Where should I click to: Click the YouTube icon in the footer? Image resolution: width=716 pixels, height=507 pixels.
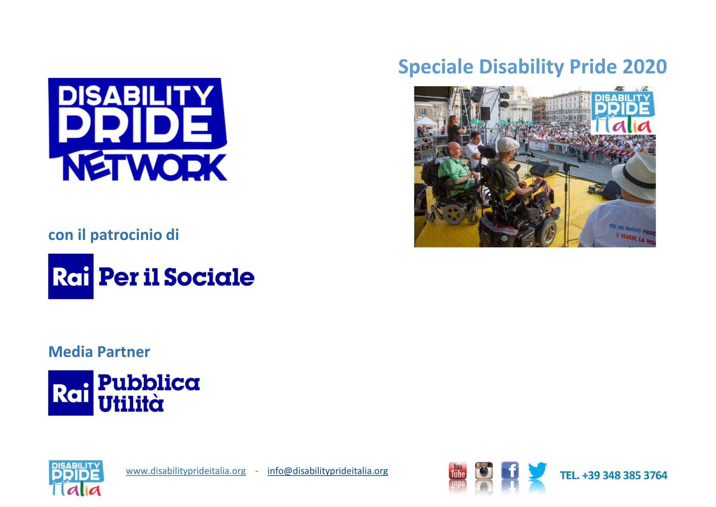pyautogui.click(x=458, y=471)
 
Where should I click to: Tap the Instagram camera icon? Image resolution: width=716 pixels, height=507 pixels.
pyautogui.click(x=484, y=471)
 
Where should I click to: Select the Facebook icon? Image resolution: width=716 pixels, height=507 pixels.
pyautogui.click(x=510, y=470)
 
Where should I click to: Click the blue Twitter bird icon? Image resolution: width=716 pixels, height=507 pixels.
pyautogui.click(x=537, y=471)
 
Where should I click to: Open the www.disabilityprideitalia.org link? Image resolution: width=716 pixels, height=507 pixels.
pyautogui.click(x=186, y=471)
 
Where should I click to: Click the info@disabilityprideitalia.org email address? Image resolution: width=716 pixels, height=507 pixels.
pyautogui.click(x=328, y=471)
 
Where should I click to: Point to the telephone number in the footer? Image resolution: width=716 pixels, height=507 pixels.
pyautogui.click(x=614, y=475)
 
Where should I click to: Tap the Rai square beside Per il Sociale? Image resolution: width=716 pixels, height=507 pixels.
pyautogui.click(x=71, y=276)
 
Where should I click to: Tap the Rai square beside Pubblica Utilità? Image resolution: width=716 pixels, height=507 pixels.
pyautogui.click(x=71, y=393)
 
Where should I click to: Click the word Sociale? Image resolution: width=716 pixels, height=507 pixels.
pyautogui.click(x=209, y=277)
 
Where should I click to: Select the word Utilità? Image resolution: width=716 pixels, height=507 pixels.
pyautogui.click(x=131, y=403)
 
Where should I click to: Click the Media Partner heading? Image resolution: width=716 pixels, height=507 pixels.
pyautogui.click(x=99, y=352)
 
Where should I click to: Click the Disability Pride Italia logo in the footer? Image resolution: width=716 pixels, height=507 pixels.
pyautogui.click(x=76, y=478)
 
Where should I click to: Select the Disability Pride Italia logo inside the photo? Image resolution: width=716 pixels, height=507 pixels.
pyautogui.click(x=623, y=113)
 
